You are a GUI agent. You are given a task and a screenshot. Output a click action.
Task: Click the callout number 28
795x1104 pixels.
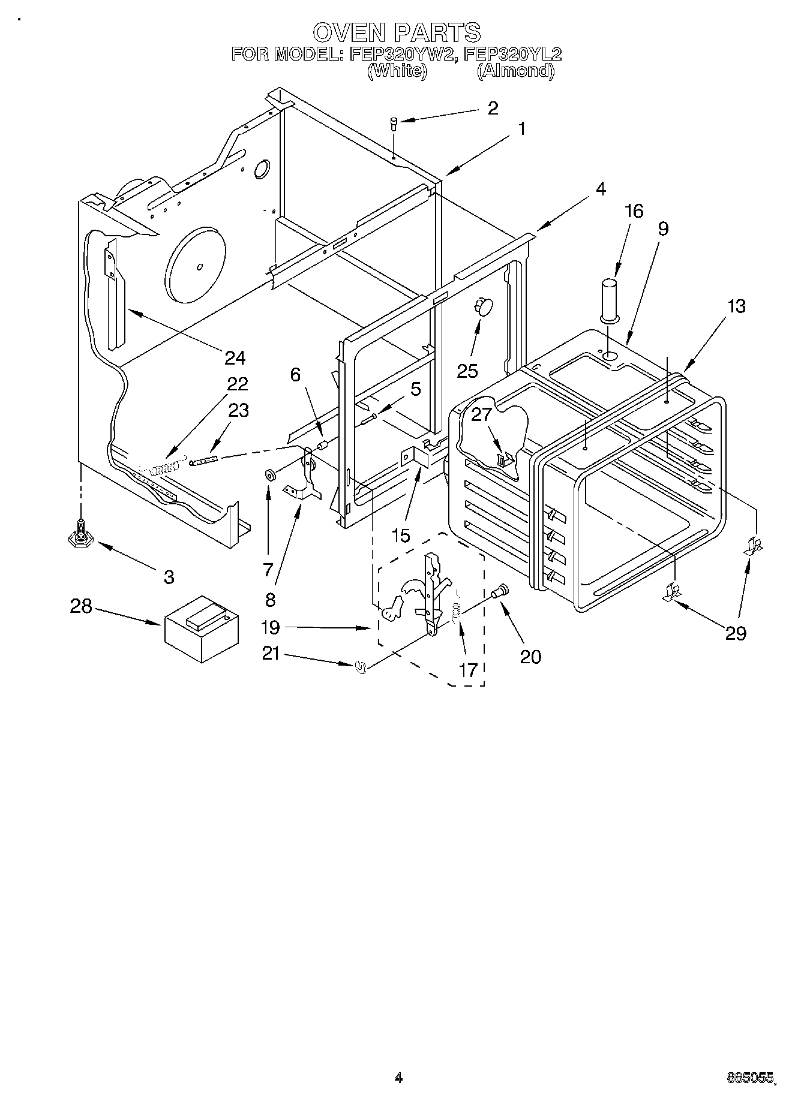click(x=81, y=606)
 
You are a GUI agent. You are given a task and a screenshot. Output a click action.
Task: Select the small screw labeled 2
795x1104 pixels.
click(x=394, y=124)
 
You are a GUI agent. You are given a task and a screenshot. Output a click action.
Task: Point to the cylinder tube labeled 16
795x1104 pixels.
click(x=610, y=299)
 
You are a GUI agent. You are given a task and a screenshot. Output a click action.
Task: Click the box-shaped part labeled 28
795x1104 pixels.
click(x=202, y=628)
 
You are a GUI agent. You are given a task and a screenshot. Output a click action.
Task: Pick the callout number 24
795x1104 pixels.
click(x=235, y=358)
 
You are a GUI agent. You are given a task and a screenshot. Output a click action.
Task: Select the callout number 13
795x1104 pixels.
click(x=737, y=306)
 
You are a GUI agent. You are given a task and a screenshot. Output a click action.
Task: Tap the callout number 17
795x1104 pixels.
click(x=468, y=670)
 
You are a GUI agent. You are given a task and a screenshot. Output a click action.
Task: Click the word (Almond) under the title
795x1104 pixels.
click(x=515, y=71)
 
